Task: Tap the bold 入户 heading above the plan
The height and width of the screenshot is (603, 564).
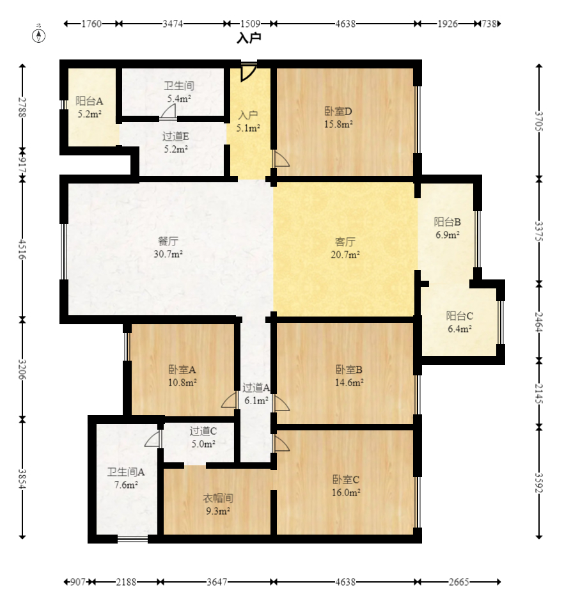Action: (x=249, y=38)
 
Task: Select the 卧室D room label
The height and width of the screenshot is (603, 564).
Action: (x=338, y=111)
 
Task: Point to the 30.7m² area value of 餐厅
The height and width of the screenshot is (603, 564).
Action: (x=168, y=254)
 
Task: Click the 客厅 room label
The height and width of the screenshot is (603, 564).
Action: (x=345, y=242)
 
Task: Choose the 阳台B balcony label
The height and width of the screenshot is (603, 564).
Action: (x=447, y=222)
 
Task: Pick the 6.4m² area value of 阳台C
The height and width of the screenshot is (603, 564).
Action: (x=459, y=329)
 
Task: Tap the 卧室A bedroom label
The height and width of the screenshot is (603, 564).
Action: (x=182, y=370)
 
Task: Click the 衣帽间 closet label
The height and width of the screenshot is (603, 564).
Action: (x=217, y=498)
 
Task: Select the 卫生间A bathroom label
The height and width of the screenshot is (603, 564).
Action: (x=126, y=472)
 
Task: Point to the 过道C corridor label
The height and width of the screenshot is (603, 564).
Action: (x=203, y=431)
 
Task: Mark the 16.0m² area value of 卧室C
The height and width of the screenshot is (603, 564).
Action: (x=346, y=492)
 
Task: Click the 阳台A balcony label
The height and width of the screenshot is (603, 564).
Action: (x=89, y=101)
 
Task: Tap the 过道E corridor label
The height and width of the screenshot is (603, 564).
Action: (x=176, y=136)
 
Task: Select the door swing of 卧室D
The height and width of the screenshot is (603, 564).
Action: (x=281, y=159)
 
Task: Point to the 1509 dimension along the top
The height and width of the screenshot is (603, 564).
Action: (x=250, y=24)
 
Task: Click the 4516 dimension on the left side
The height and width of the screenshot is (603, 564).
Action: (x=22, y=249)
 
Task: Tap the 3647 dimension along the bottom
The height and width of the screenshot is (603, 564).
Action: (x=217, y=582)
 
